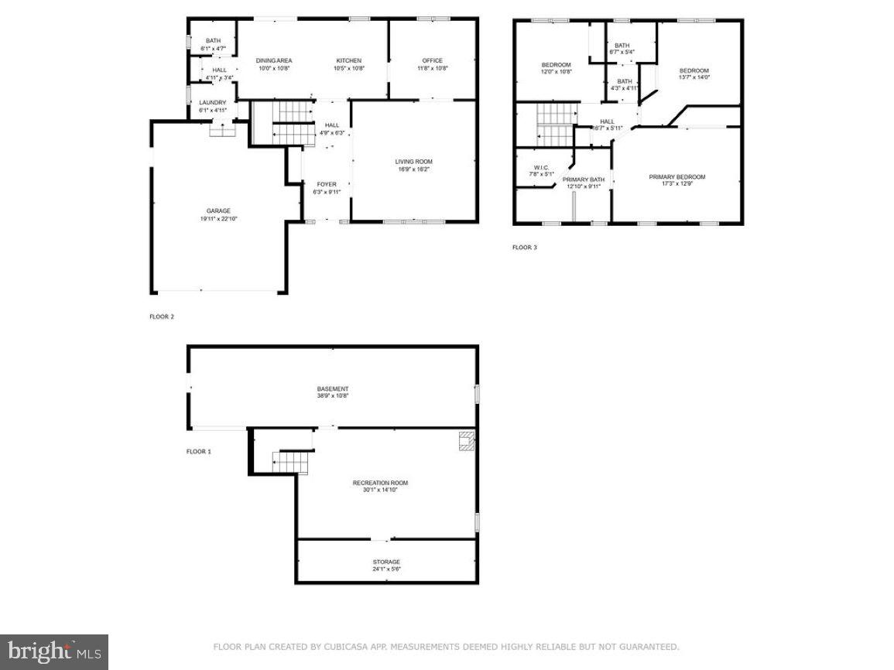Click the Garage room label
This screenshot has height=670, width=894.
click(x=218, y=211)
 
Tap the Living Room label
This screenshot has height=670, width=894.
click(x=413, y=162)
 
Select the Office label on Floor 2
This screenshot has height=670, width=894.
click(x=432, y=61)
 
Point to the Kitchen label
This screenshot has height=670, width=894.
click(x=348, y=61)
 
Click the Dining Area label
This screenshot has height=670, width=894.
click(x=273, y=61)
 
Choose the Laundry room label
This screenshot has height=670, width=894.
click(x=212, y=103)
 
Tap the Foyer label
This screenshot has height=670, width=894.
click(x=326, y=184)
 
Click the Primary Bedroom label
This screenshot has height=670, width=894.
click(x=676, y=177)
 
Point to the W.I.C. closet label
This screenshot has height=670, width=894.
click(x=541, y=168)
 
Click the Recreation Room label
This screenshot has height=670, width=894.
click(x=380, y=484)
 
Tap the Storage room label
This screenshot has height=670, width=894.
click(x=386, y=562)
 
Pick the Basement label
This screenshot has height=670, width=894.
click(x=332, y=389)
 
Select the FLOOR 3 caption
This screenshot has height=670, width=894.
click(x=524, y=248)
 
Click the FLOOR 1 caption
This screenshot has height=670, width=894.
click(x=197, y=451)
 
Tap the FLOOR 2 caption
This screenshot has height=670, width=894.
click(x=162, y=316)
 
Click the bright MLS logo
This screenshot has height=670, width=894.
click(x=54, y=652)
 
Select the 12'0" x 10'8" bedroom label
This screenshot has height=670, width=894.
click(x=556, y=65)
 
